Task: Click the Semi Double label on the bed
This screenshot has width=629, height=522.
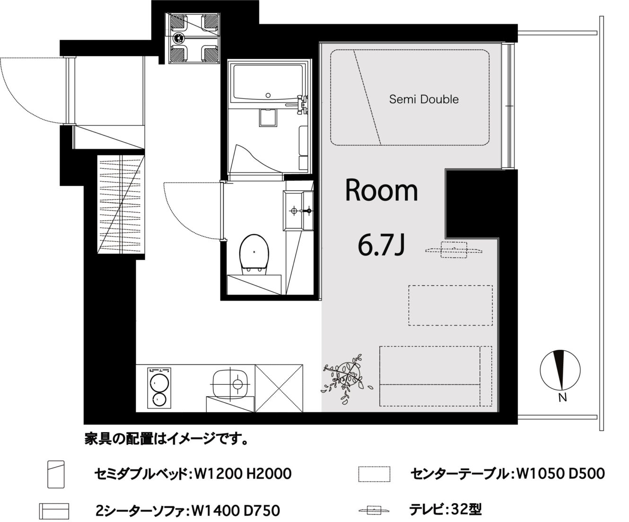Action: tap(424, 99)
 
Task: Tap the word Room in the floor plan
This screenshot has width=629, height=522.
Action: tap(381, 190)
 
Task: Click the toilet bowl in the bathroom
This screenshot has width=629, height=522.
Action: tap(254, 255)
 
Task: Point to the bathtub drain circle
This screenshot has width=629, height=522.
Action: tap(268, 95)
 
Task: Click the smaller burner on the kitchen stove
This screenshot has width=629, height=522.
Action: tap(159, 400)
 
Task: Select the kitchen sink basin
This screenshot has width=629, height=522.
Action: tap(230, 384)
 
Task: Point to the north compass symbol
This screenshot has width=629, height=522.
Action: tap(560, 370)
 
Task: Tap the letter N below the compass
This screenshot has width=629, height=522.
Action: tap(562, 398)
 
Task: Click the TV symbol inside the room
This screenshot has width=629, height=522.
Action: tap(454, 250)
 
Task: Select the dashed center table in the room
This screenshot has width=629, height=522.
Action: tap(450, 305)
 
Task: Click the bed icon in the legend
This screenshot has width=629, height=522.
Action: tap(56, 474)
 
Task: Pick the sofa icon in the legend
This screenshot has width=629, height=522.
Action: tap(54, 511)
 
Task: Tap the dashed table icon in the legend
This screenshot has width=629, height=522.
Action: tap(374, 474)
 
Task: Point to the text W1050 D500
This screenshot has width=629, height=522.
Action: tap(560, 474)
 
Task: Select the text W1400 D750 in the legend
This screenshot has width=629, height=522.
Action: tap(236, 511)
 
